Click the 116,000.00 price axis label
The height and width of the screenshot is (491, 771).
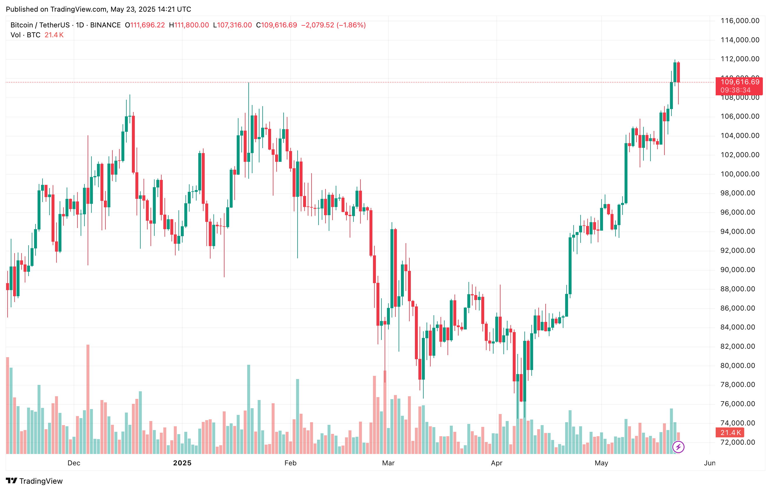coord(740,21)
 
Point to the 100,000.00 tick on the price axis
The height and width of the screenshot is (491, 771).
coord(740,174)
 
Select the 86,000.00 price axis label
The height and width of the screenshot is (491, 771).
coord(740,308)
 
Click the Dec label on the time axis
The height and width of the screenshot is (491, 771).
coord(74,463)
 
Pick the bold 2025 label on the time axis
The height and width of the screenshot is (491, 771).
coord(182,463)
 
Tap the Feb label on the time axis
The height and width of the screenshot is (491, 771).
coord(290,463)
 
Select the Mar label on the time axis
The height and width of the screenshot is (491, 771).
coord(388,463)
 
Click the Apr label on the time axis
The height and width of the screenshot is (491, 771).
coord(497,463)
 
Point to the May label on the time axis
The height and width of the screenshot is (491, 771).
coord(601,463)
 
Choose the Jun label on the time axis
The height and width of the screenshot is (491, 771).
coord(710,463)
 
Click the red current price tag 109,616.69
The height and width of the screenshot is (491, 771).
coord(740,82)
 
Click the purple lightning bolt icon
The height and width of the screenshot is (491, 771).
coord(678,447)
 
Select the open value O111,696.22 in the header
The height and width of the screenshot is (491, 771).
coord(145,25)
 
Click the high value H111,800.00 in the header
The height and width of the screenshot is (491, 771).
coord(189,25)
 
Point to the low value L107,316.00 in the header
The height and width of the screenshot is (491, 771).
coord(232,25)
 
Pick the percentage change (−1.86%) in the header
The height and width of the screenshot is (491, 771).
coord(351,25)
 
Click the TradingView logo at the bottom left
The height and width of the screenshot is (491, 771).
coord(34,481)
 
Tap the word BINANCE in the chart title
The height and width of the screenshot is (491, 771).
coord(105,25)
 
